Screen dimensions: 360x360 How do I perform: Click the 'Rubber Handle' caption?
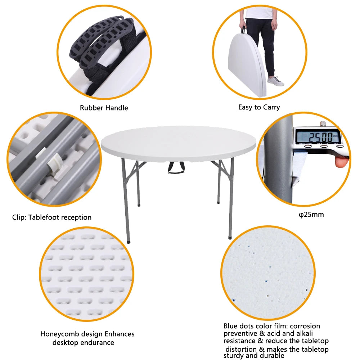(x=104, y=108)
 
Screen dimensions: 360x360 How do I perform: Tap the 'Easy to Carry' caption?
(x=259, y=107)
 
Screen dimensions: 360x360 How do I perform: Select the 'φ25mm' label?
(x=311, y=215)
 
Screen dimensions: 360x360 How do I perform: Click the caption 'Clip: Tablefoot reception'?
(x=52, y=217)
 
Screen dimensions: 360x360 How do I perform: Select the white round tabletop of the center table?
(x=178, y=143)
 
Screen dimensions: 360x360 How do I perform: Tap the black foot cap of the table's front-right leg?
(x=230, y=237)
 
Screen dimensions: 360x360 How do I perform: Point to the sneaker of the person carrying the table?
(x=276, y=82)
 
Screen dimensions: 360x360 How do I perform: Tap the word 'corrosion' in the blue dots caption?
(x=306, y=326)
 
